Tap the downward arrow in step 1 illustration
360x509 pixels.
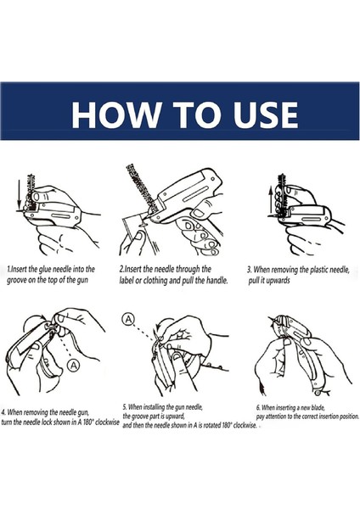[20, 194]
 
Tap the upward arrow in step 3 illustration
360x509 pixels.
[270, 200]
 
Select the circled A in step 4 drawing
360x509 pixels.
[74, 366]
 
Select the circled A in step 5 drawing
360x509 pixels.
[129, 320]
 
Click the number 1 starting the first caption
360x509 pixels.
[8, 270]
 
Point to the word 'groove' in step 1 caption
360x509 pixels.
[17, 280]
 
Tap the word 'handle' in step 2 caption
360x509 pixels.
[217, 280]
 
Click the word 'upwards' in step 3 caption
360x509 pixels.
[278, 281]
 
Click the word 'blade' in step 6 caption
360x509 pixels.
[318, 408]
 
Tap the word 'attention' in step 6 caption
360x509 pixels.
[277, 417]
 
